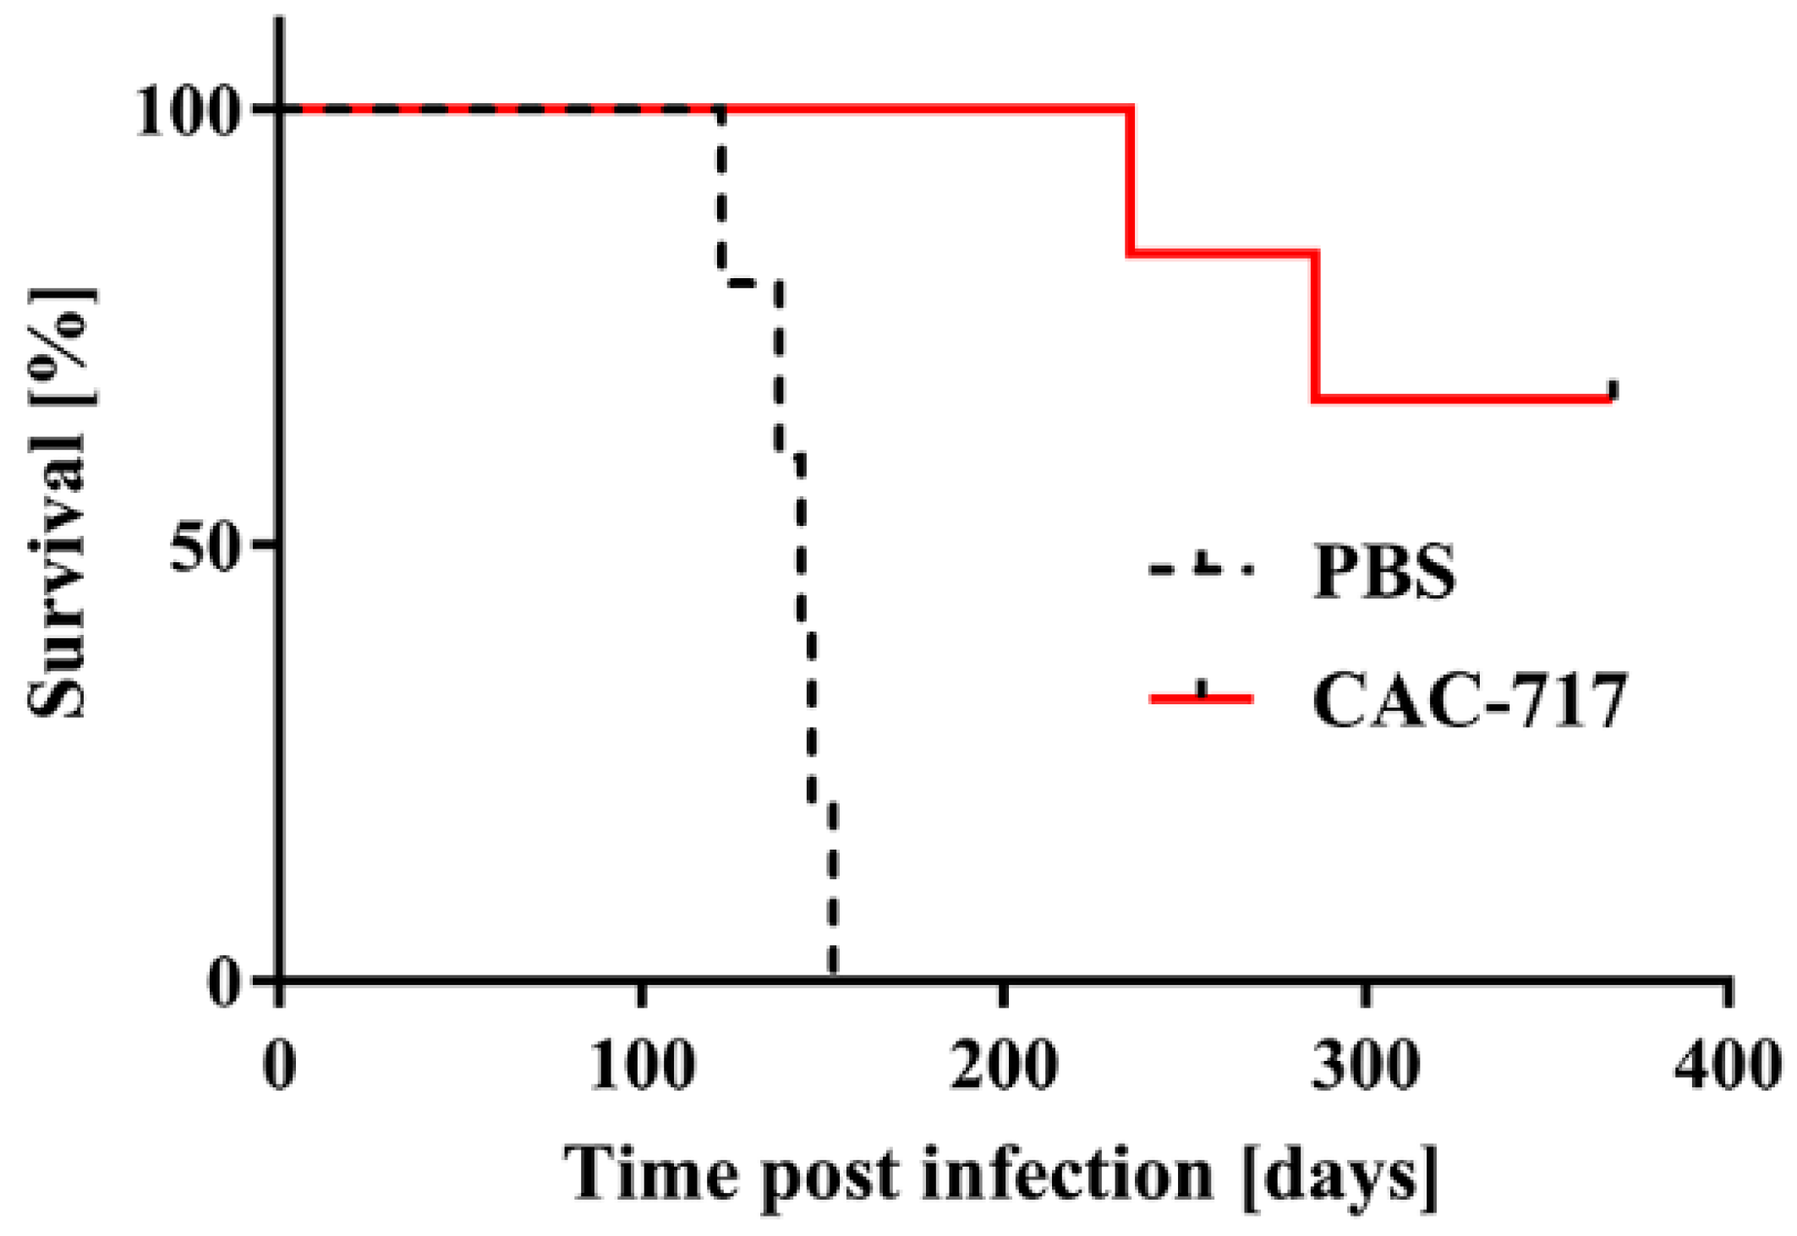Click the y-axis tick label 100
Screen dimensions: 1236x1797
click(184, 112)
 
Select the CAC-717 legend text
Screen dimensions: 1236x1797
click(1469, 700)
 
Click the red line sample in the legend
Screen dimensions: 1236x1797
click(1201, 698)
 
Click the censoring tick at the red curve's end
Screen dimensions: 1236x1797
click(1613, 390)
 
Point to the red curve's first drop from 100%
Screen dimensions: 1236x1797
click(1131, 180)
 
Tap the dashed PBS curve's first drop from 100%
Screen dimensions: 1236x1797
click(720, 194)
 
